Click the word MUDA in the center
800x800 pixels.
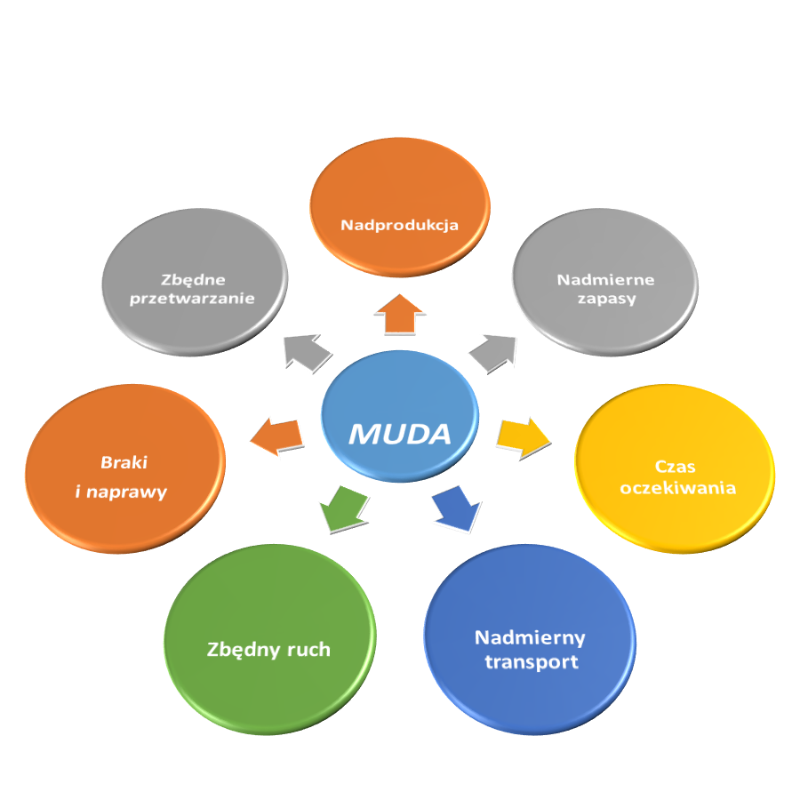pyautogui.click(x=399, y=434)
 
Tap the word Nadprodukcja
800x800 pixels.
pyautogui.click(x=399, y=225)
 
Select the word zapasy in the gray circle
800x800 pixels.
pyautogui.click(x=605, y=299)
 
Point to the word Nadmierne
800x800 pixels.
pyautogui.click(x=605, y=279)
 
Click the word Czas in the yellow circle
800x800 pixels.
pyautogui.click(x=676, y=467)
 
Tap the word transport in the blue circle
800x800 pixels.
pyautogui.click(x=532, y=661)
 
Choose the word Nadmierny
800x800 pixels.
pyautogui.click(x=530, y=637)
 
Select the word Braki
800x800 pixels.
pyautogui.click(x=124, y=462)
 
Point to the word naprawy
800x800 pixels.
pyautogui.click(x=132, y=492)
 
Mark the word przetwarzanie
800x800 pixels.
pyautogui.click(x=192, y=299)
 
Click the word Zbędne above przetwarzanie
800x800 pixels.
pyautogui.click(x=193, y=278)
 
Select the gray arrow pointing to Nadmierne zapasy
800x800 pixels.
pyautogui.click(x=493, y=353)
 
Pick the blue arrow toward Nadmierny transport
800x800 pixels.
pyautogui.click(x=452, y=508)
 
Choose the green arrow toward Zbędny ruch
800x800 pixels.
pyautogui.click(x=342, y=508)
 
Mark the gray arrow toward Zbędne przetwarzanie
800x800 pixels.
pyautogui.click(x=303, y=351)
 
